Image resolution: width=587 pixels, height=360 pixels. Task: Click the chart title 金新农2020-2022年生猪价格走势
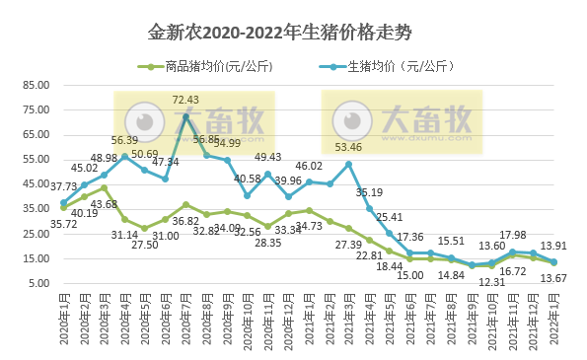click(x=293, y=33)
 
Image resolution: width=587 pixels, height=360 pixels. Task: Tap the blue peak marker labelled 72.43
click(x=185, y=117)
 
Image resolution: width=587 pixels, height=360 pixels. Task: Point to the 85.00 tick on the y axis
click(x=35, y=84)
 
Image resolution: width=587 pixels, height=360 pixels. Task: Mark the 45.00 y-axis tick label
click(x=35, y=183)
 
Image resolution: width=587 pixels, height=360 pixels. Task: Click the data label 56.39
click(x=124, y=141)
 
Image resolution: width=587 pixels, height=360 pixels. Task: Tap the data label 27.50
click(x=145, y=244)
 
